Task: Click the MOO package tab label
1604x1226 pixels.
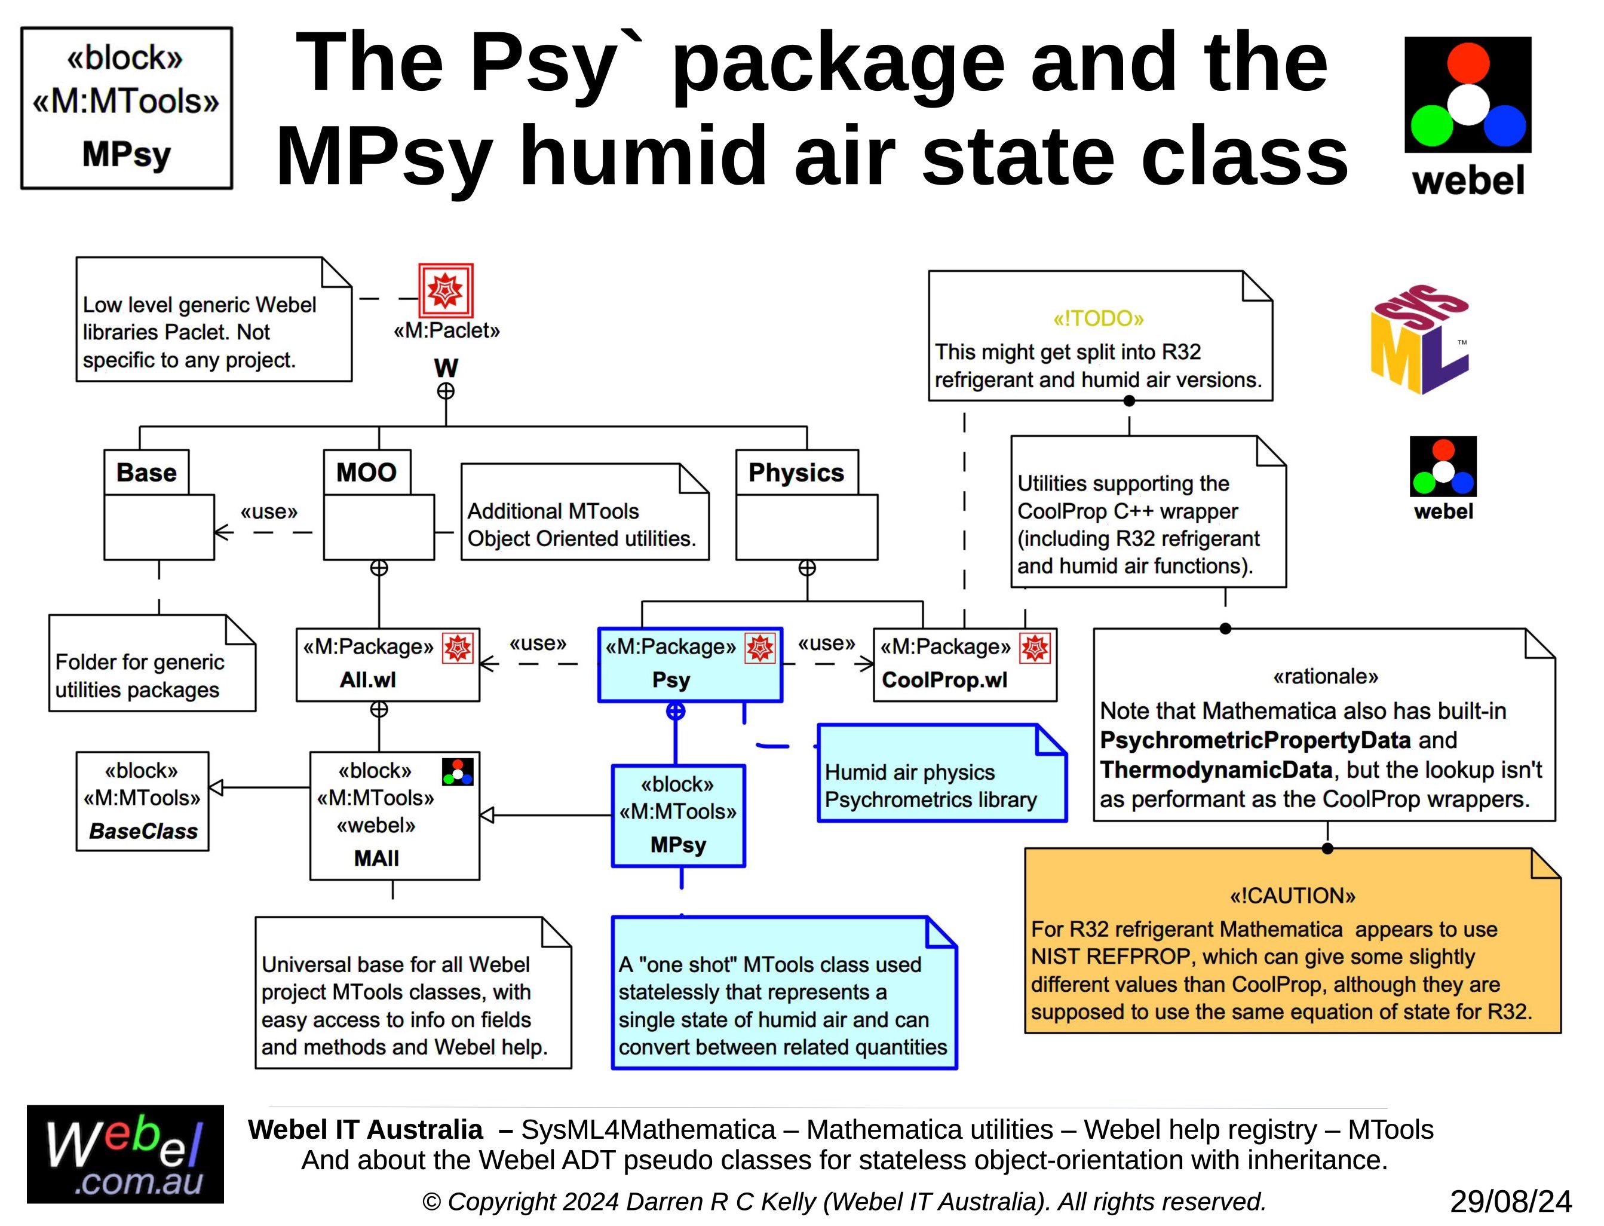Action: (x=366, y=472)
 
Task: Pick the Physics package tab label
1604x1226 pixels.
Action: (x=796, y=472)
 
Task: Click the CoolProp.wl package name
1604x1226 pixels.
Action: (x=944, y=680)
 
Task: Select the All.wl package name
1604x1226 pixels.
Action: (x=368, y=680)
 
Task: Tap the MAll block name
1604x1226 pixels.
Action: (x=376, y=858)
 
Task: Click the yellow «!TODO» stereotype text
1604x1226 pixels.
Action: (x=1098, y=318)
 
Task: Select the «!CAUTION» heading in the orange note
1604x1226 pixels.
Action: (x=1292, y=896)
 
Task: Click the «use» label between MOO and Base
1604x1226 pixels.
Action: (x=269, y=511)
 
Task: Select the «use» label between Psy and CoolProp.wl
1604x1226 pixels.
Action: (x=827, y=643)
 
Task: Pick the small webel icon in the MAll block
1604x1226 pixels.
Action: (x=458, y=772)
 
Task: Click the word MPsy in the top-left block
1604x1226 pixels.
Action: (x=126, y=154)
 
